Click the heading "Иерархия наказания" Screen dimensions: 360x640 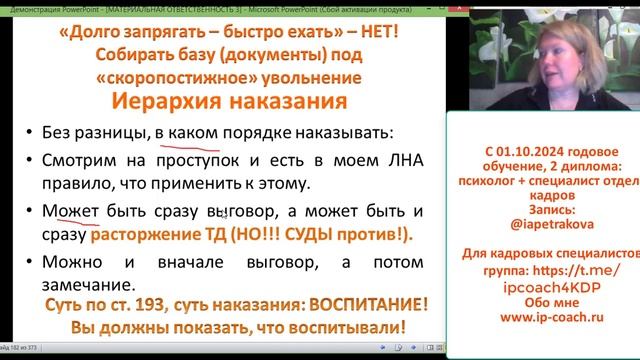coord(225,105)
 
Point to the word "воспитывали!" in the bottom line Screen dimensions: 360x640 coord(340,327)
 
